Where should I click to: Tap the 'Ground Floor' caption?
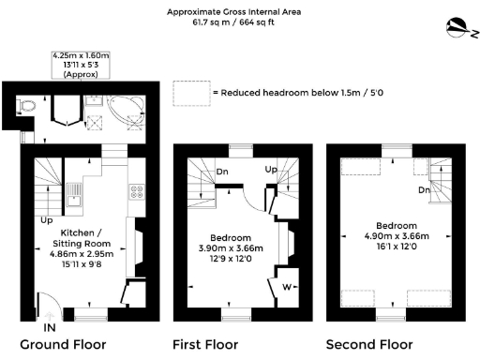coord(63,344)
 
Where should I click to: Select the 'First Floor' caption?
coord(205,344)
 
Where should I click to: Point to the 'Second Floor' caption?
coord(368,344)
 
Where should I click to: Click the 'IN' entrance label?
coord(50,327)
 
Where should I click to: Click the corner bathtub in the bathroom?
coord(121,109)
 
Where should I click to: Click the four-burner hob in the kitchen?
coord(136,193)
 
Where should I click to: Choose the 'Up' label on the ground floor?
coord(44,221)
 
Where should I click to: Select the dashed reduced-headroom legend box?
coord(190,93)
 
